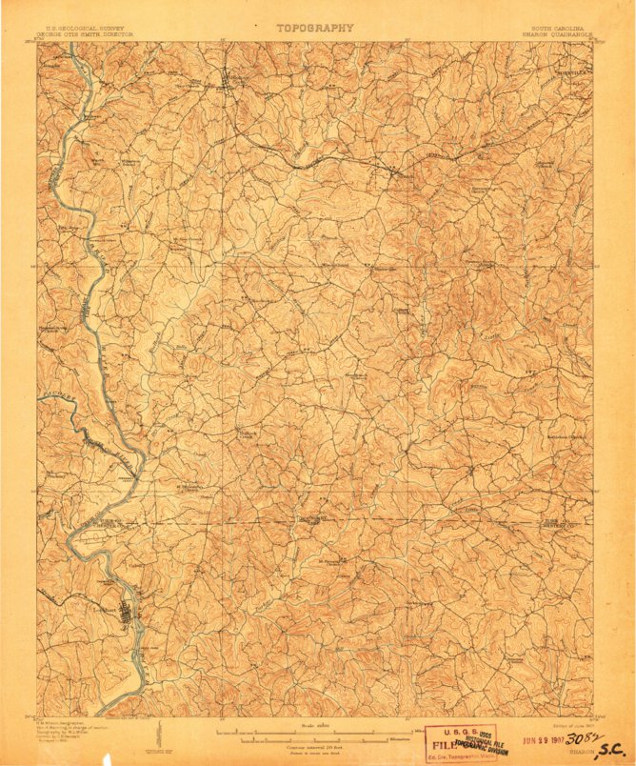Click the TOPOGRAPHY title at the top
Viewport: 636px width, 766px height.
point(315,28)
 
